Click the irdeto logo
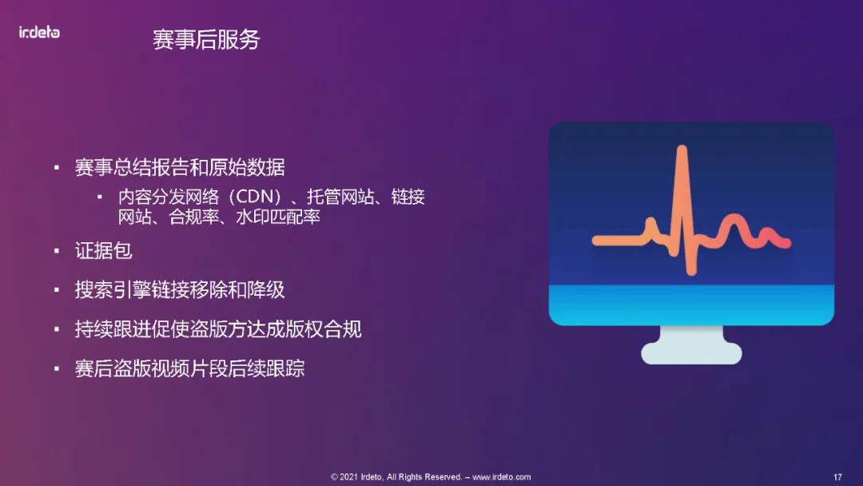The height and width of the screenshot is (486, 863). tap(39, 32)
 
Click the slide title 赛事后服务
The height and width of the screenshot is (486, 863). tap(206, 39)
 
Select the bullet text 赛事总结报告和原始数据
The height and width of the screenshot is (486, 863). tap(180, 167)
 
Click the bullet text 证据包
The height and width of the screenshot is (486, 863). tap(104, 250)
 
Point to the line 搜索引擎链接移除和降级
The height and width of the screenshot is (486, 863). tap(180, 289)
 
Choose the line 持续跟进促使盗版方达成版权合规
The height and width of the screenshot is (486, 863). tap(218, 329)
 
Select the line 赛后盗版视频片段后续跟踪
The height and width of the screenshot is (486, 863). tap(189, 368)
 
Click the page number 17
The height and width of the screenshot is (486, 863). tap(838, 477)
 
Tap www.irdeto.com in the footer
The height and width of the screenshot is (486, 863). tap(502, 477)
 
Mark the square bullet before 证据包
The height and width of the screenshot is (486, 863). tap(57, 251)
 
